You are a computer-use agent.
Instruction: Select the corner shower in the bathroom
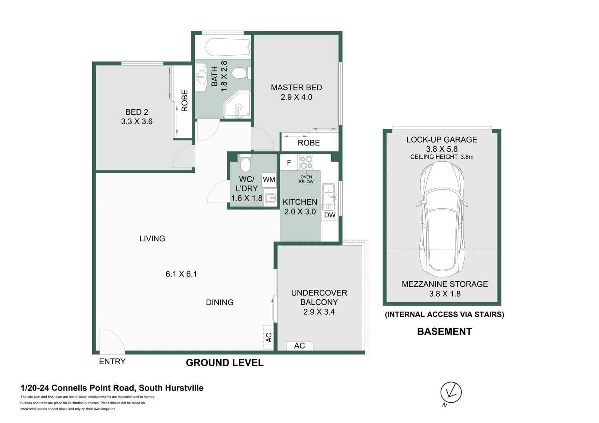[237, 105]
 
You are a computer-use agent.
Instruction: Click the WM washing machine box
[269, 180]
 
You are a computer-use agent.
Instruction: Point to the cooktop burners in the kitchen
[306, 162]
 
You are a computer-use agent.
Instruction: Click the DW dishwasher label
[330, 215]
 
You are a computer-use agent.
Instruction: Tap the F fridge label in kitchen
[289, 163]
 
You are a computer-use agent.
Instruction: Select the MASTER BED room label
[296, 88]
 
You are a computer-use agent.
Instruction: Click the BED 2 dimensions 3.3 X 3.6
[137, 122]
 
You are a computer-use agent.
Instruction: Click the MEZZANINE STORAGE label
[445, 284]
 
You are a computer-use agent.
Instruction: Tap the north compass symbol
[451, 392]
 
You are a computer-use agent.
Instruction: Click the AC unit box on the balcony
[299, 346]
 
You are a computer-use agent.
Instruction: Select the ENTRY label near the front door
[112, 362]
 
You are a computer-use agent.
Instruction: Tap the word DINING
[220, 302]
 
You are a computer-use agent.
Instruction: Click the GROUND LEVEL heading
[225, 363]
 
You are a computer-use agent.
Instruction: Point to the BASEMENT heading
[444, 332]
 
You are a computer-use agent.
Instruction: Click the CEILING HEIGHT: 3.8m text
[442, 157]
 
